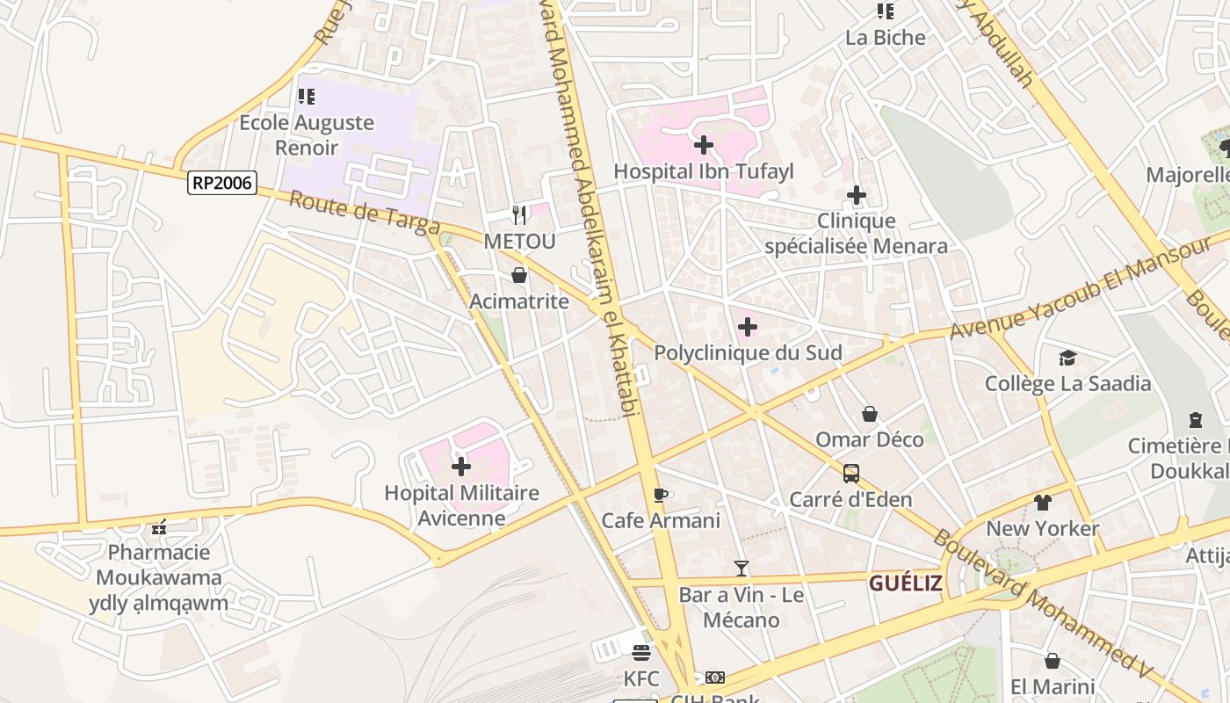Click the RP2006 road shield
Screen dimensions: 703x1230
point(222,183)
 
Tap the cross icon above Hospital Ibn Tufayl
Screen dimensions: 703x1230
point(703,145)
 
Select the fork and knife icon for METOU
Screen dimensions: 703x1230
point(519,214)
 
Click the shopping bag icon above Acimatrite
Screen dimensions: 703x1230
point(519,275)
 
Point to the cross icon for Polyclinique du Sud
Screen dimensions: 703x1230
point(748,328)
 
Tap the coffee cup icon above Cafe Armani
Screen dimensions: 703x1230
point(661,495)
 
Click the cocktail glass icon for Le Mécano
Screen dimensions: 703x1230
point(742,569)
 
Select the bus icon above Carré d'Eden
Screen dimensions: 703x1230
point(850,474)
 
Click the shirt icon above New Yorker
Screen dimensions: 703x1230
point(1043,503)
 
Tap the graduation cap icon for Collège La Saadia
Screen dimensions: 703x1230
point(1067,358)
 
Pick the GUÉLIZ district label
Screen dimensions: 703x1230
point(906,583)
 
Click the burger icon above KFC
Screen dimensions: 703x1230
point(641,653)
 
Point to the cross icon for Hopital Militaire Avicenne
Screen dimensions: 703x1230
point(461,467)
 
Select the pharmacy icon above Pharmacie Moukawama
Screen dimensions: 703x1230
point(159,527)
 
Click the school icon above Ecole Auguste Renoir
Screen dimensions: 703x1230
point(306,97)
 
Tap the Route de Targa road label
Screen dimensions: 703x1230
point(364,214)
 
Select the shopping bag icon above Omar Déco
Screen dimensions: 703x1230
point(870,413)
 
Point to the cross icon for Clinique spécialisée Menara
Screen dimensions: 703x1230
point(857,195)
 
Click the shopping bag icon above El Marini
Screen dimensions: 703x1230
point(1053,661)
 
